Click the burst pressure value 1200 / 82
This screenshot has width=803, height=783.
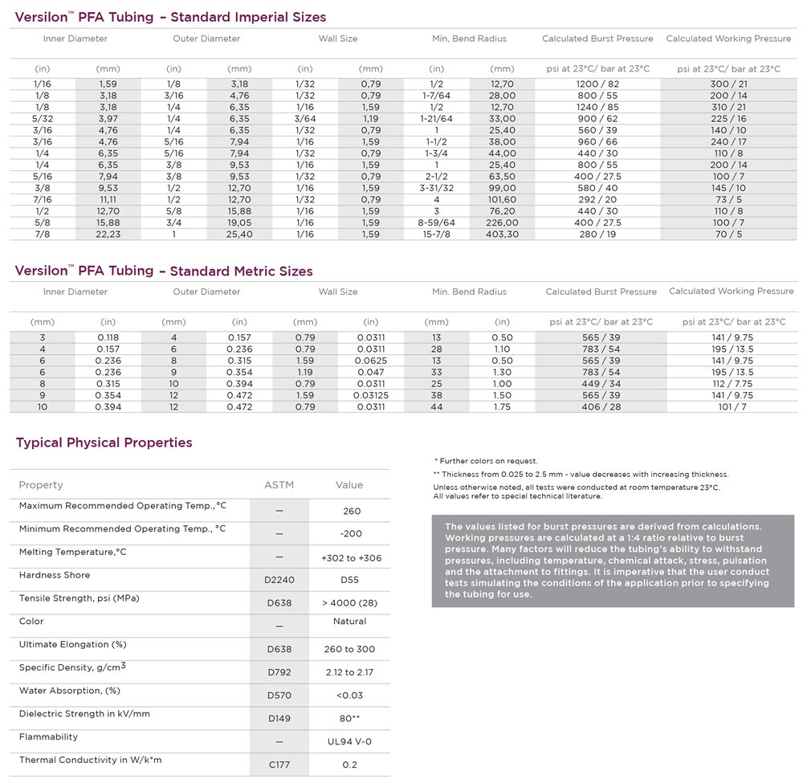(x=597, y=84)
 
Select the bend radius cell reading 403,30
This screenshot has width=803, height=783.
(x=502, y=234)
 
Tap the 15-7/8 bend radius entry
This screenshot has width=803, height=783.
(x=436, y=234)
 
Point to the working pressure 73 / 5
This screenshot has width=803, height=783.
(x=728, y=200)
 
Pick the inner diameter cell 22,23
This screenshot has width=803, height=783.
(x=108, y=234)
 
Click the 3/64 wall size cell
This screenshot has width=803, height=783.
(x=304, y=118)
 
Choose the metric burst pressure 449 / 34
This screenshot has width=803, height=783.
(x=601, y=384)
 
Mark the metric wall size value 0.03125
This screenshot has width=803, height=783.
(x=370, y=395)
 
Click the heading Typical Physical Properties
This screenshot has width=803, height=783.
(x=104, y=442)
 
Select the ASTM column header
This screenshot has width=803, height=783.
(x=279, y=485)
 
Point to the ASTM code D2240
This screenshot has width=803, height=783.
(x=279, y=580)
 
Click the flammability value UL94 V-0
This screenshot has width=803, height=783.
(x=349, y=742)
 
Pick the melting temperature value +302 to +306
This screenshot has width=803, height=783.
(x=351, y=557)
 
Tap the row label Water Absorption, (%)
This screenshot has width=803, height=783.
(x=70, y=691)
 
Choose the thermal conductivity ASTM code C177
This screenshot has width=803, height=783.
(x=279, y=765)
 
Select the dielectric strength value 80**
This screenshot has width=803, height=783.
(x=351, y=719)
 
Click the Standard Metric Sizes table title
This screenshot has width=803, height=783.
(x=164, y=271)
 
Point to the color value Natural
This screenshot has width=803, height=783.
(x=349, y=622)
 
